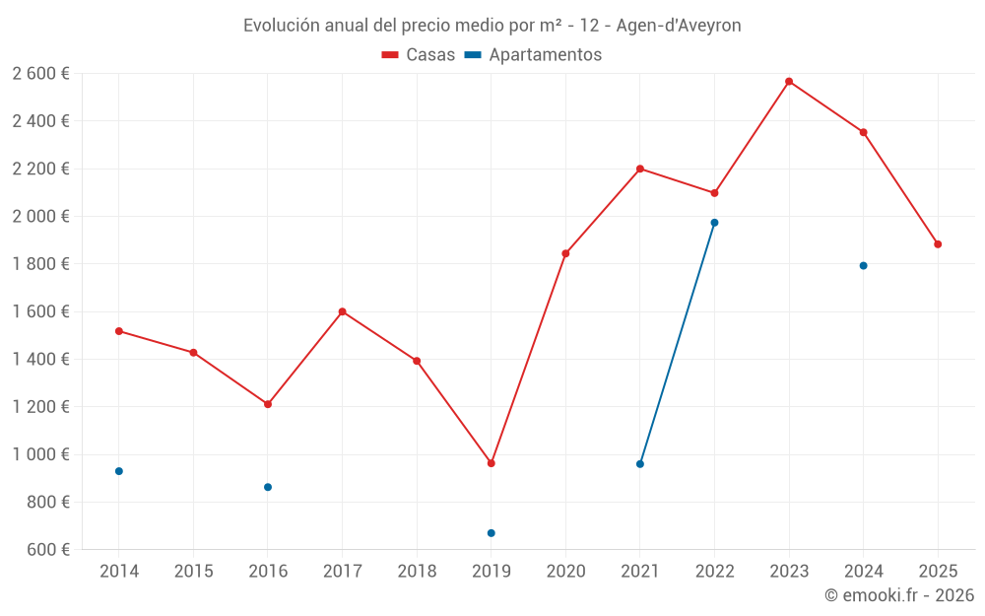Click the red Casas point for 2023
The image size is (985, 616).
(789, 82)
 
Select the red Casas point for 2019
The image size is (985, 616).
(492, 463)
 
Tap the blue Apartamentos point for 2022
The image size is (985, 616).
(714, 223)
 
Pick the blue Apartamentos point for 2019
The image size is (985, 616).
(492, 533)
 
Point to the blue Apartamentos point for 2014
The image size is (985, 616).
(119, 471)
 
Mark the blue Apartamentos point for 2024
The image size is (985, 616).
(863, 266)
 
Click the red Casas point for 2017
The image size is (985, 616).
(342, 311)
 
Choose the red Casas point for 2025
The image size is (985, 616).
(938, 244)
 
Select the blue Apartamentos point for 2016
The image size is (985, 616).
(268, 487)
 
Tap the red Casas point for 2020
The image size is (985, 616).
(565, 253)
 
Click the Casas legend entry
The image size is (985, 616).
(419, 55)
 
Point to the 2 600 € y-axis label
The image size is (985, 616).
(40, 74)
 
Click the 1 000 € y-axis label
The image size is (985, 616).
(40, 454)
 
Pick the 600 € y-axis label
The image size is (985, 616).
(47, 550)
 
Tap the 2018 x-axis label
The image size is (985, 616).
(417, 572)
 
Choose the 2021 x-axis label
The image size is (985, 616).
(640, 572)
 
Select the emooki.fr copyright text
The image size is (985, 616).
(898, 595)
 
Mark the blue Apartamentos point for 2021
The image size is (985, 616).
(640, 464)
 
